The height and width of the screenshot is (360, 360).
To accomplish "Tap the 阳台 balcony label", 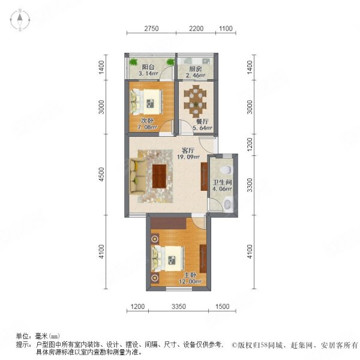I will click(147, 67).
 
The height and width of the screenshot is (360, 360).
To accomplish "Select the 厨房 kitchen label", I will click(193, 68).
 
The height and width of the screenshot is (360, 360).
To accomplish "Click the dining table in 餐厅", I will click(196, 99).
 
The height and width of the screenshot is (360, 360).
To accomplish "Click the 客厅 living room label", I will click(188, 151).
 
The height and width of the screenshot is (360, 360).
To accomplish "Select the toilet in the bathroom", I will click(227, 205).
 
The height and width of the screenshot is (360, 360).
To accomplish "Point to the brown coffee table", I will click(160, 175).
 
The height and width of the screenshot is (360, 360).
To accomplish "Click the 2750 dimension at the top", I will click(151, 28).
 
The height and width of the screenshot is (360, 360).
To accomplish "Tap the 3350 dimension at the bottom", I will click(176, 307).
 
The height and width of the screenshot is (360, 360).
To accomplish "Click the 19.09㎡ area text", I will click(188, 158).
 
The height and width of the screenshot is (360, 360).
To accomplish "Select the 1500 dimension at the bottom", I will click(222, 307).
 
